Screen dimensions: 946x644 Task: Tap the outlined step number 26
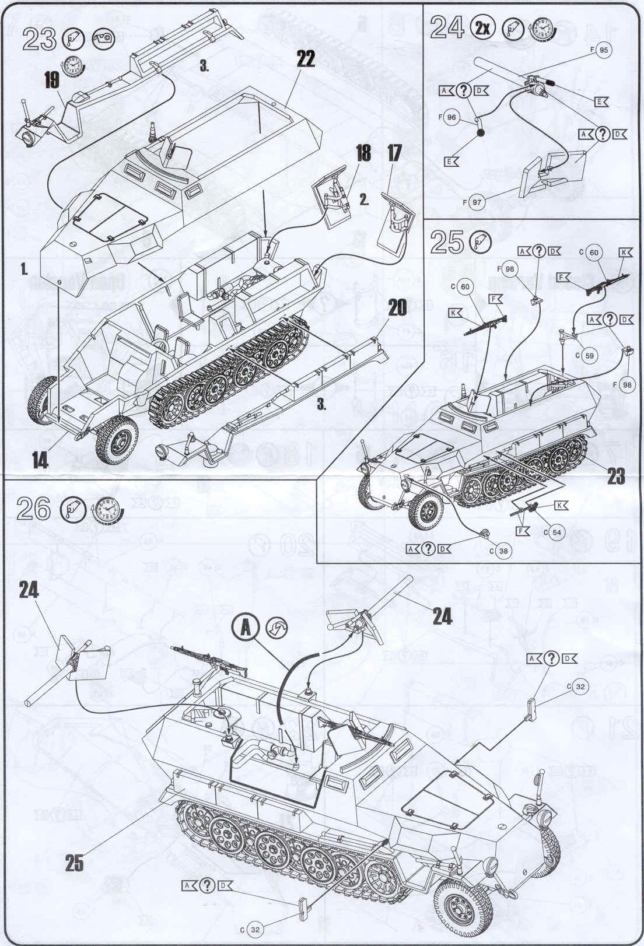pyautogui.click(x=34, y=509)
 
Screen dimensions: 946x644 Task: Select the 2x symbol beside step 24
pyautogui.click(x=483, y=28)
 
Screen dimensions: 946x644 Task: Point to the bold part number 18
pyautogui.click(x=362, y=153)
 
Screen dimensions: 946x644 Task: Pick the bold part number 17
pyautogui.click(x=394, y=153)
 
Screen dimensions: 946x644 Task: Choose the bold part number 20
pyautogui.click(x=397, y=307)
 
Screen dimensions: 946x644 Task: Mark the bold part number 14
pyautogui.click(x=40, y=461)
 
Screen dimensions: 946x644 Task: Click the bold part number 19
pyautogui.click(x=52, y=80)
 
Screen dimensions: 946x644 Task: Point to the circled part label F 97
pyautogui.click(x=476, y=202)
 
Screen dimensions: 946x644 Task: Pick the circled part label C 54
pyautogui.click(x=555, y=532)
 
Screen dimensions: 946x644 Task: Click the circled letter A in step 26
pyautogui.click(x=247, y=628)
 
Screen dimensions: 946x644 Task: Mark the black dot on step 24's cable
pyautogui.click(x=481, y=133)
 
